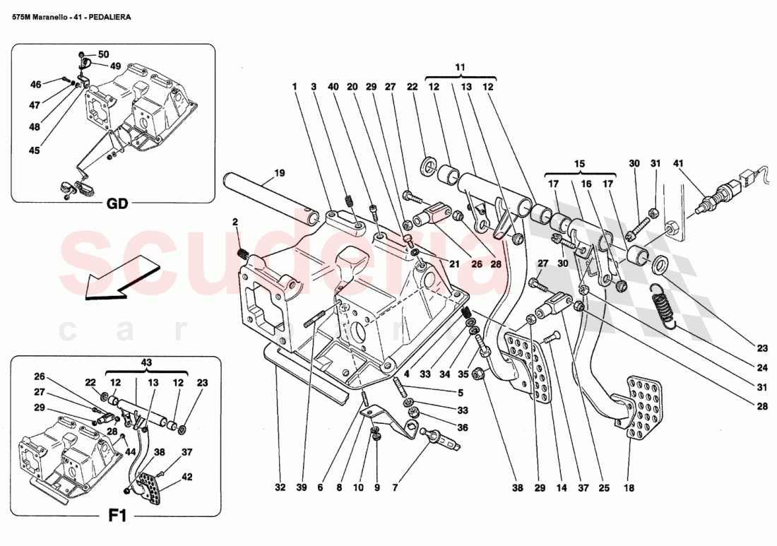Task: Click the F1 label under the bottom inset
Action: [x=117, y=516]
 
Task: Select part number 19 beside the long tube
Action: [x=279, y=172]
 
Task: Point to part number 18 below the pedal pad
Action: [x=629, y=487]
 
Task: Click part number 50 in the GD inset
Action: [x=103, y=54]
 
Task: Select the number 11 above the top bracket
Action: [x=461, y=67]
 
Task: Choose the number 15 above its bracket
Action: [x=579, y=163]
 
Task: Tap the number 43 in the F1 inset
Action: [x=146, y=362]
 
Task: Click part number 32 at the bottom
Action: [x=280, y=487]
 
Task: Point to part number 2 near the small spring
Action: [x=235, y=222]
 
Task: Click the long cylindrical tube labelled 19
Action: [x=268, y=197]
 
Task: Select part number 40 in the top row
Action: [x=333, y=86]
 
